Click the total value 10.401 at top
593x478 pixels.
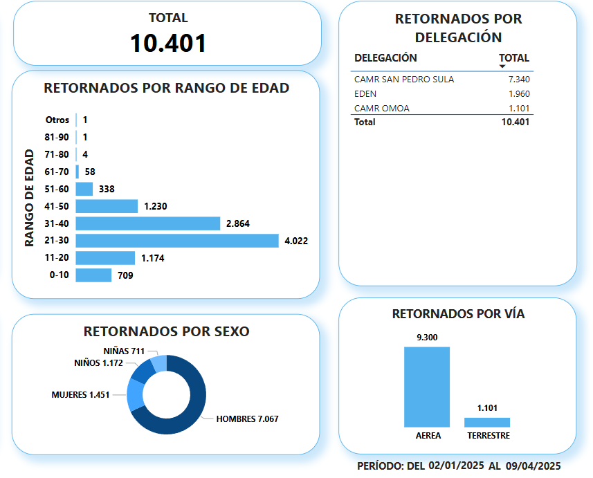[x=168, y=43]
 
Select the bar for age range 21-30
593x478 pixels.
[x=177, y=241]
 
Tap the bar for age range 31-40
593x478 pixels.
[x=148, y=223]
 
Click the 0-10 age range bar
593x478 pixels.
[x=93, y=275]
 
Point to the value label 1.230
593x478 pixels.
[x=155, y=206]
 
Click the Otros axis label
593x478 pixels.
[x=57, y=120]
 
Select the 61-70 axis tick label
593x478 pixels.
[x=57, y=172]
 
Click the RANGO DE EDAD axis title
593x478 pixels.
[x=30, y=198]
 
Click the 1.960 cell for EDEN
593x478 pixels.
[x=518, y=94]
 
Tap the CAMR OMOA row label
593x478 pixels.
[x=381, y=109]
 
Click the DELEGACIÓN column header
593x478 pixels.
[x=385, y=58]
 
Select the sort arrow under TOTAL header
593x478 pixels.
[x=502, y=66]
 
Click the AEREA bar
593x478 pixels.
[x=427, y=387]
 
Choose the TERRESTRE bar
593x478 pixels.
[x=487, y=422]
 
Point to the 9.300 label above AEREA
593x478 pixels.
[x=427, y=338]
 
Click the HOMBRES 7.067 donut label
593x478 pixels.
[x=247, y=419]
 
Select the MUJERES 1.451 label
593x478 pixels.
[x=80, y=395]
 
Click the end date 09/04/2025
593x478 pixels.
[x=532, y=466]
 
